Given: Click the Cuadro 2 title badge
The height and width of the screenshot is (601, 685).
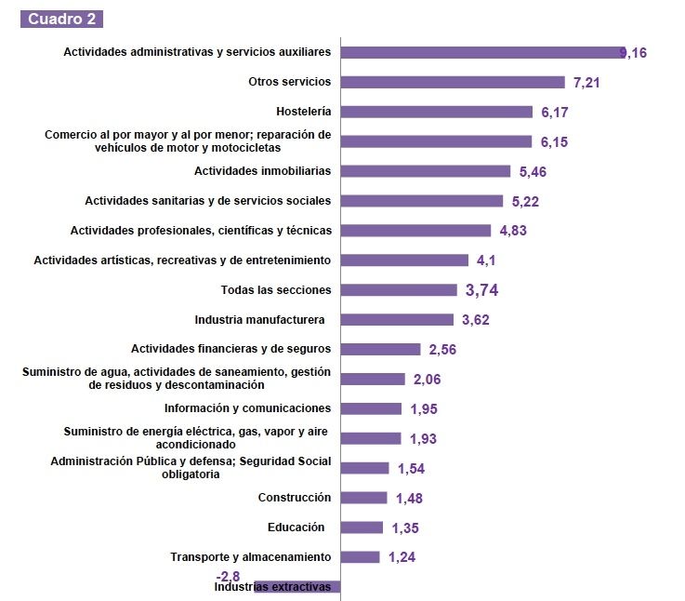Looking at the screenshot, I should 61,19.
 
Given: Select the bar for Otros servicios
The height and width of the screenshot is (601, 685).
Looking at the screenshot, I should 453,82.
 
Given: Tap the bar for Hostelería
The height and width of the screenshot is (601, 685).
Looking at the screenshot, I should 437,112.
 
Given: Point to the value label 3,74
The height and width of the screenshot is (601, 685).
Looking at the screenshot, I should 482,290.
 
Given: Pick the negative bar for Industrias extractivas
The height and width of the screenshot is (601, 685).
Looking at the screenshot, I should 297,587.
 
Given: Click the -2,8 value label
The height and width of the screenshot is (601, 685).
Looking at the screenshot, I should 228,576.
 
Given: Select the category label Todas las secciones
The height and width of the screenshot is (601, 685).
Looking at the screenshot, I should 275,289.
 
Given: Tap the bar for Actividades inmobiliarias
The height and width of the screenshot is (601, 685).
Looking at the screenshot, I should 426,171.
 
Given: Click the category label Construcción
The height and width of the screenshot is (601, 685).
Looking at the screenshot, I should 294,498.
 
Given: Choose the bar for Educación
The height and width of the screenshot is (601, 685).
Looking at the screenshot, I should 362,528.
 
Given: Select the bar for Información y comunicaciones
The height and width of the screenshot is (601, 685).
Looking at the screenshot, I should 371,408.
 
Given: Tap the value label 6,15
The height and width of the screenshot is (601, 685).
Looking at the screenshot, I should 554,142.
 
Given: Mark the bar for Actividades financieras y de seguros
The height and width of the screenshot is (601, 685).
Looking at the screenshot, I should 380,349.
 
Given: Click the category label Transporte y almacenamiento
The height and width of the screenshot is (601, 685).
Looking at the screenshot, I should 250,556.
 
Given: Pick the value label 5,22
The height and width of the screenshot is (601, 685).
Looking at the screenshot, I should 525,201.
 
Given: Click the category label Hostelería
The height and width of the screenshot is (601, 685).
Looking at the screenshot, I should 303,111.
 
